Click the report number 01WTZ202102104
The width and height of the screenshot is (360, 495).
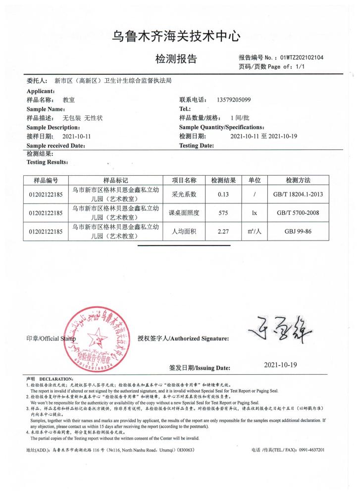pyautogui.click(x=302, y=57)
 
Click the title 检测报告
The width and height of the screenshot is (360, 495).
pyautogui.click(x=176, y=59)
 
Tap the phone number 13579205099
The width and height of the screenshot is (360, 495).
pyautogui.click(x=234, y=99)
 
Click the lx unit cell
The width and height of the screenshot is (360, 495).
pyautogui.click(x=254, y=213)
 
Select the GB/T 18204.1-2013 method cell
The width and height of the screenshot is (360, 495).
pyautogui.click(x=298, y=195)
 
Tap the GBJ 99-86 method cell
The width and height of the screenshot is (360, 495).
pyautogui.click(x=298, y=231)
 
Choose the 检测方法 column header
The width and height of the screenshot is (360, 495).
pyautogui.click(x=298, y=180)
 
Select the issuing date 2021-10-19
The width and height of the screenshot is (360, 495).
pyautogui.click(x=280, y=365)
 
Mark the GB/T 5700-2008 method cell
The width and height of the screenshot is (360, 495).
pyautogui.click(x=298, y=213)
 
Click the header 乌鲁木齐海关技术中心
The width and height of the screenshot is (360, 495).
pyautogui.click(x=176, y=36)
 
